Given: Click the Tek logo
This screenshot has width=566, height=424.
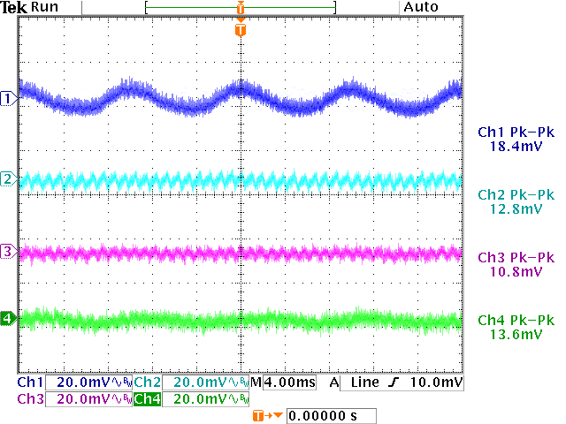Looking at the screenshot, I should (15, 7).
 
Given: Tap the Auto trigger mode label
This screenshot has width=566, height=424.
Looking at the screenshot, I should (420, 7).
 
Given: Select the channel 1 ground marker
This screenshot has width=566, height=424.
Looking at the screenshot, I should (8, 98).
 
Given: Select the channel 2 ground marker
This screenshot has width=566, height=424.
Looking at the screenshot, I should (8, 180).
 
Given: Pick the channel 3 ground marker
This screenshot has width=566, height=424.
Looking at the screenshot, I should (8, 253).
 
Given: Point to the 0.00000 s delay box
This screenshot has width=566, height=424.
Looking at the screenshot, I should (332, 415).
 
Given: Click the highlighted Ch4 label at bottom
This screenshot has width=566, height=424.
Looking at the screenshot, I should (148, 399).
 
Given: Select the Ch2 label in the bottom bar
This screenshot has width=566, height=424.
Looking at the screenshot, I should (148, 382).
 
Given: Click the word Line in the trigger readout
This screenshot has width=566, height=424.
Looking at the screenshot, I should (365, 382).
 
